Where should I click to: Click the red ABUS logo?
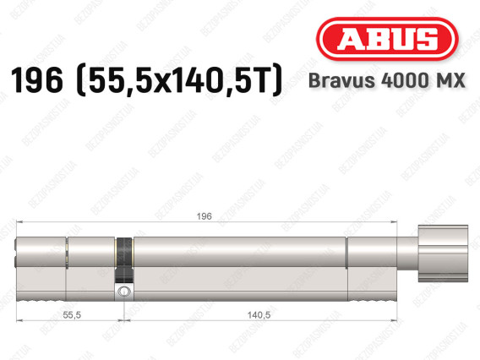387,39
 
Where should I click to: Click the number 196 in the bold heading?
37,80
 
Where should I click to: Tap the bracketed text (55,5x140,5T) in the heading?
179,80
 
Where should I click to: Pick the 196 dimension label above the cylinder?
204,216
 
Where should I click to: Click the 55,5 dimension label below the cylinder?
72,314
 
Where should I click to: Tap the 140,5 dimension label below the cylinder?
259,314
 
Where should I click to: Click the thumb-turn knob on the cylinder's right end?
443,254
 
